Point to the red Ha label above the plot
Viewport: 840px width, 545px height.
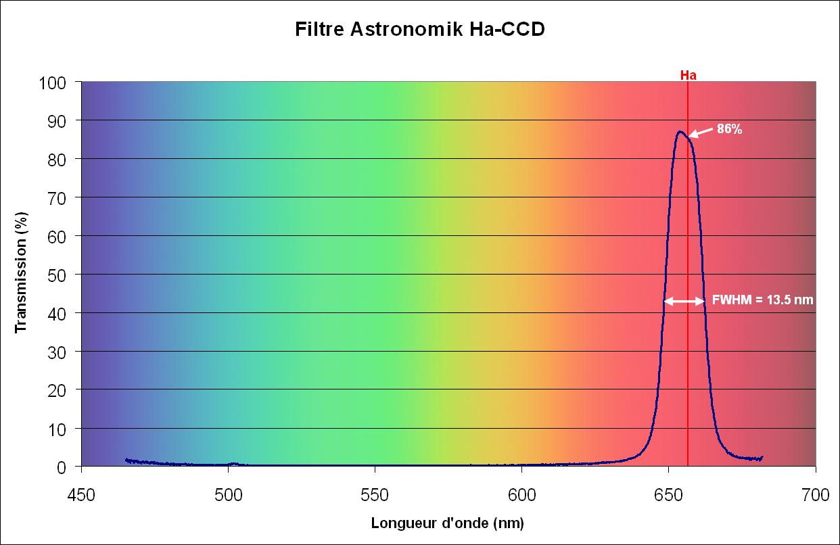click(x=688, y=75)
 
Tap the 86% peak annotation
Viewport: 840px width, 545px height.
click(x=729, y=130)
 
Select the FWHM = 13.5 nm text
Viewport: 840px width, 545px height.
click(x=763, y=301)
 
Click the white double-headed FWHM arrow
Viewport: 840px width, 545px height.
click(x=684, y=302)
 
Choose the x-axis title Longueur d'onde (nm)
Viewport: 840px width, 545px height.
click(x=447, y=523)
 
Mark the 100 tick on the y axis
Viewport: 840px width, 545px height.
click(x=55, y=82)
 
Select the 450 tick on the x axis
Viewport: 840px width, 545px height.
click(x=82, y=495)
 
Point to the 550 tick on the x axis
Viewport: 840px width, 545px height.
click(x=375, y=495)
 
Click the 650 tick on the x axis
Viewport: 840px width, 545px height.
click(x=668, y=495)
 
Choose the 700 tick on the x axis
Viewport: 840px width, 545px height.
click(x=815, y=495)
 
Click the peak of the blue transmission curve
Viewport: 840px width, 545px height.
click(x=679, y=131)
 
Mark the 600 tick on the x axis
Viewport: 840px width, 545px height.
click(x=521, y=495)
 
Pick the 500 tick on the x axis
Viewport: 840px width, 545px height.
click(x=229, y=495)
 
